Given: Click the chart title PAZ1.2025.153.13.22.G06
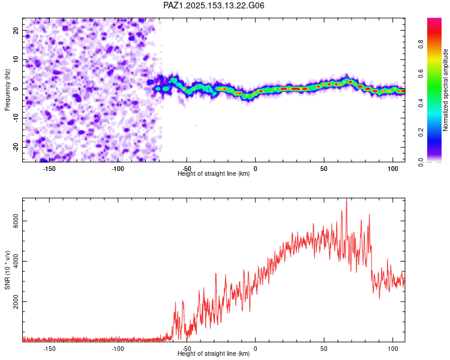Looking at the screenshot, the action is (214, 5).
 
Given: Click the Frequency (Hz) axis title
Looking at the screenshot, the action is (7, 90).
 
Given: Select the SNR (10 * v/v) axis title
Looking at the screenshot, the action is (7, 270).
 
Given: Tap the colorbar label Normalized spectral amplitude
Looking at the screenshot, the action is (445, 90).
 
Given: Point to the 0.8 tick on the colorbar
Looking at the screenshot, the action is (421, 44).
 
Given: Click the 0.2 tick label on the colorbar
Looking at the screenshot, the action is (421, 133).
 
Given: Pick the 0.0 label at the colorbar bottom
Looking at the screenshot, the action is (421, 162).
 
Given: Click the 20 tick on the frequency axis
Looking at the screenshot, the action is (16, 31).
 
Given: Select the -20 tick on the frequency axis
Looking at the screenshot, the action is (16, 147).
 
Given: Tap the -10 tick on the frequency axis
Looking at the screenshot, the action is (16, 118).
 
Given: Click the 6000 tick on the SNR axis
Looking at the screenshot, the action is (16, 221).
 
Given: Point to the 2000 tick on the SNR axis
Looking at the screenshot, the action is (16, 301).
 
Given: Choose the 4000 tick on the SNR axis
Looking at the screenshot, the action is (16, 261).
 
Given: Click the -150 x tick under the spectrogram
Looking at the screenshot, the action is (49, 169).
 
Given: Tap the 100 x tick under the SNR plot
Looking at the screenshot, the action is (393, 349).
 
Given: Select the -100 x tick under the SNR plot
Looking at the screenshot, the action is (118, 349).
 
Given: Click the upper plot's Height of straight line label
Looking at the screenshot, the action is (214, 173).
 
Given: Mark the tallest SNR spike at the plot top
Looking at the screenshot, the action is (346, 199).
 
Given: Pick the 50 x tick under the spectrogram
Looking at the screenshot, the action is (324, 169).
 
